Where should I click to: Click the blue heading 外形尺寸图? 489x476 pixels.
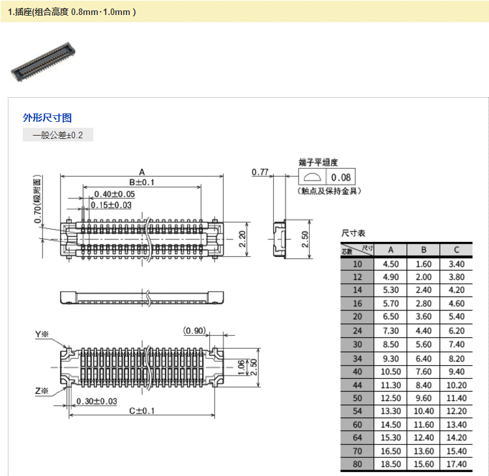47,117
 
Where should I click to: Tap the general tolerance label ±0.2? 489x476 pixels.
58,136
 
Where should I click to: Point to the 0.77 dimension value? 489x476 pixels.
260,172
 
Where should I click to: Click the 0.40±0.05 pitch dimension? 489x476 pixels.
114,194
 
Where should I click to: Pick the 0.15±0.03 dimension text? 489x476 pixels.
111,205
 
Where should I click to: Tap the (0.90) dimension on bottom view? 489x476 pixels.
195,331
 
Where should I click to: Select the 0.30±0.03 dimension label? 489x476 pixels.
96,401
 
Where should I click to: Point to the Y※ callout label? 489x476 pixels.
42,335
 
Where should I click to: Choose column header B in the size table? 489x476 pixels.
423,250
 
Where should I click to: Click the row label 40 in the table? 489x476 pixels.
357,371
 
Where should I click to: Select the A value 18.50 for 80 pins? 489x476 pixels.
390,464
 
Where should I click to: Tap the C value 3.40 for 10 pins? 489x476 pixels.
456,264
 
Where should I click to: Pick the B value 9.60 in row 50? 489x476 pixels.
423,398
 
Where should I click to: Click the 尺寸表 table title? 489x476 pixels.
353,233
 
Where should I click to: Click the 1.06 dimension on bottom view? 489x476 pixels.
241,366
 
